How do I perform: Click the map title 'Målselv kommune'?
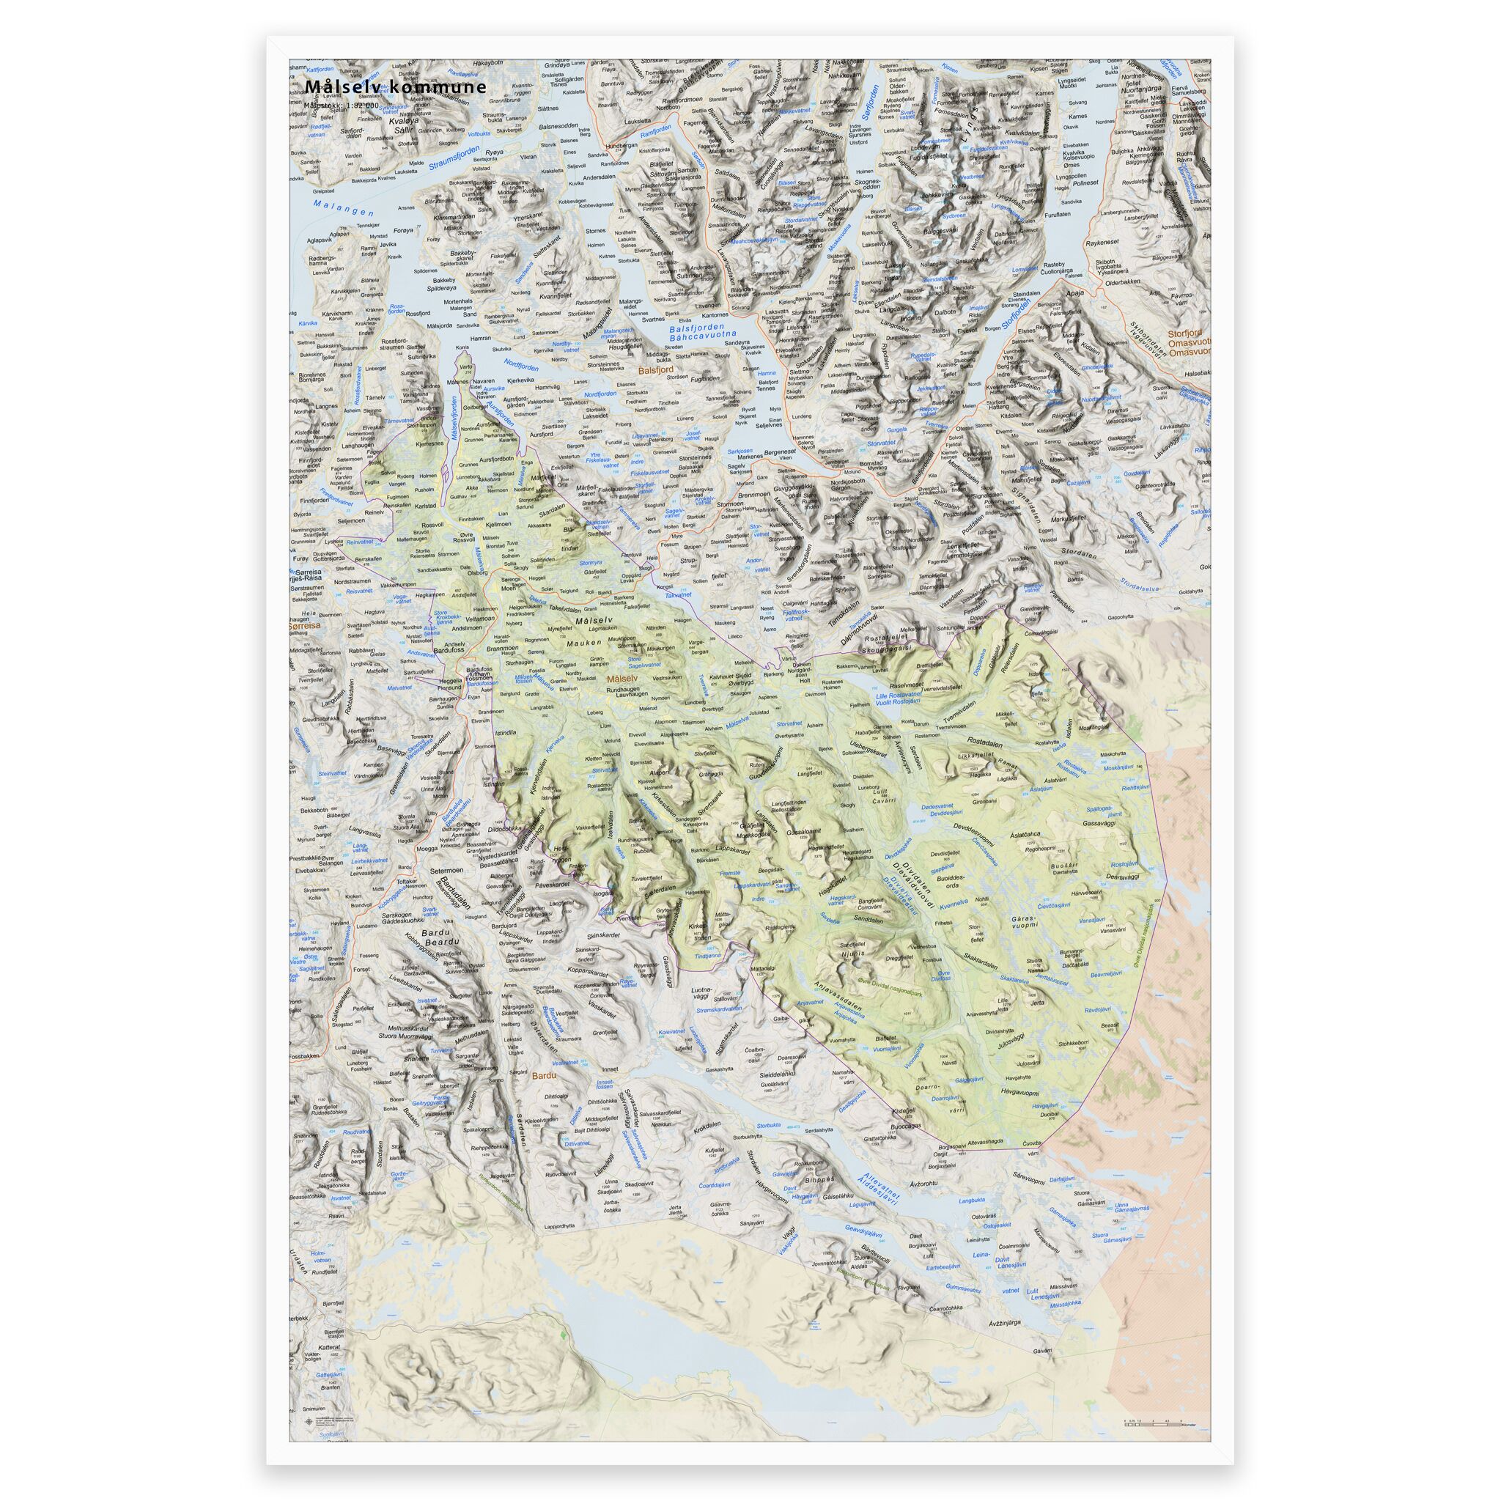(x=397, y=87)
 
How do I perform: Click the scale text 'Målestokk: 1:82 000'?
(x=342, y=105)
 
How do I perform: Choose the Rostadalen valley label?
(x=992, y=741)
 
